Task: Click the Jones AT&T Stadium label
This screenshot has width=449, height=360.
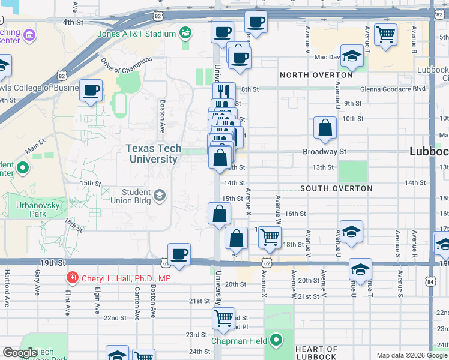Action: [x=136, y=34]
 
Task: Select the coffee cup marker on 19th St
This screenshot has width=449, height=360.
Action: [x=179, y=253]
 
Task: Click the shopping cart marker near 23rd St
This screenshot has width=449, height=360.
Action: [x=224, y=317]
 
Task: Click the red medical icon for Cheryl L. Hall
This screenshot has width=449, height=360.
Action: [x=72, y=278]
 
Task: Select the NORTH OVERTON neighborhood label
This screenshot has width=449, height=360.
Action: [x=316, y=75]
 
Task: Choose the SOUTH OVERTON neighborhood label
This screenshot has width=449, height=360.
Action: [x=336, y=188]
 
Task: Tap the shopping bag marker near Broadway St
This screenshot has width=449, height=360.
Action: [x=325, y=128]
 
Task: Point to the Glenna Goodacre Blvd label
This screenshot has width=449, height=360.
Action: [x=393, y=89]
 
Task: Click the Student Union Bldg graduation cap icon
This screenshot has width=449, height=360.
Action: [x=160, y=195]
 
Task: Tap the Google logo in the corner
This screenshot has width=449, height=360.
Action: [x=19, y=353]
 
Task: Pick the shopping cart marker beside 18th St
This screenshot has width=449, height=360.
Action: [x=270, y=237]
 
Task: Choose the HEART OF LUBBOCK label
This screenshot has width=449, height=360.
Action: [x=316, y=353]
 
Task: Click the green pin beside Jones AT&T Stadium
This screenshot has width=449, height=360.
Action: [x=185, y=31]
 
